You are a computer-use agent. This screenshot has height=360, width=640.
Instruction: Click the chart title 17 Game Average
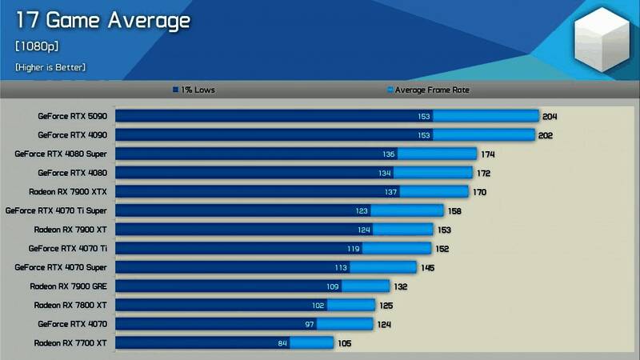102,20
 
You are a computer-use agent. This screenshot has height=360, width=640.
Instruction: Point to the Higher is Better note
50,67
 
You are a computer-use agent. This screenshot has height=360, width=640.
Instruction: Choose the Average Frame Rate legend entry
427,90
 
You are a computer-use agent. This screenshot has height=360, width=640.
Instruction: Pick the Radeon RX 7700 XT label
70,342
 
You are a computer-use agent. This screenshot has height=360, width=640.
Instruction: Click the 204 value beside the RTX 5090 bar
549,117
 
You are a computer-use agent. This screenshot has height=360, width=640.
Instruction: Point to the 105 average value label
345,343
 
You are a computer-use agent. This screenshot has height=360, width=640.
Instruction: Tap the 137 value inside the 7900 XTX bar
391,192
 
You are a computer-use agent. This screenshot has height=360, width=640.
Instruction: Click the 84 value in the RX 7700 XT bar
282,343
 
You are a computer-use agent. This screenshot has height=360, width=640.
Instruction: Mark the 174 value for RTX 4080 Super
488,154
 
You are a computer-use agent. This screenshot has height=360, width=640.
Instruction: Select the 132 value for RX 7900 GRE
401,286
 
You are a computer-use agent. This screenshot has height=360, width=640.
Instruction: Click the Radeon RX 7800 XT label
70,305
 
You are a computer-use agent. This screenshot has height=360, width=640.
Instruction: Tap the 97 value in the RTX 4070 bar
309,324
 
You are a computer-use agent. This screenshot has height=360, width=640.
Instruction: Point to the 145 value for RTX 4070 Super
427,268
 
